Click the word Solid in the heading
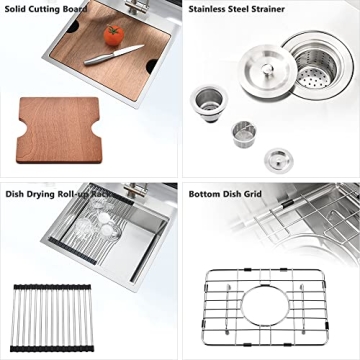point(18,8)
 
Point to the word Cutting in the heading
point(50,8)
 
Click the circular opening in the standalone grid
point(269,310)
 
